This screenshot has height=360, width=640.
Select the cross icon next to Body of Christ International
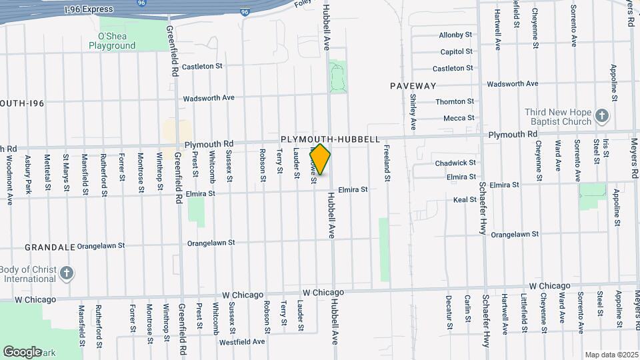point(66,273)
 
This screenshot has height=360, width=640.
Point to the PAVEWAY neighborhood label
point(413,86)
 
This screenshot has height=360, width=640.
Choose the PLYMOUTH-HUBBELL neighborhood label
point(330,139)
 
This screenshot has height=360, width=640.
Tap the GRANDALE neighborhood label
point(50,247)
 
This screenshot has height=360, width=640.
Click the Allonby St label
point(455,35)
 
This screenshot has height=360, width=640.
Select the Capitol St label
point(456,52)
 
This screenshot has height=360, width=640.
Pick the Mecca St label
point(459,119)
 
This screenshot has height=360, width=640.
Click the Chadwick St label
point(455,163)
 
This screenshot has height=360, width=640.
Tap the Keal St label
point(465,199)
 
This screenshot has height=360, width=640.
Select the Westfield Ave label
point(242,341)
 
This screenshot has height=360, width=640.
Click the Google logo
point(23,351)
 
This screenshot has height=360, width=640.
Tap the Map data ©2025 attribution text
point(611,355)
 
